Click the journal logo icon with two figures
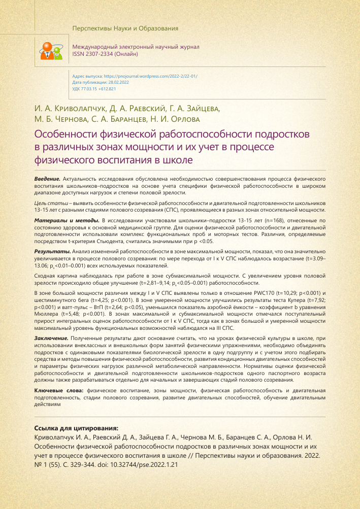51,49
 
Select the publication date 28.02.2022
114,82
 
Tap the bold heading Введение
47,180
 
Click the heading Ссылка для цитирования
76,428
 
